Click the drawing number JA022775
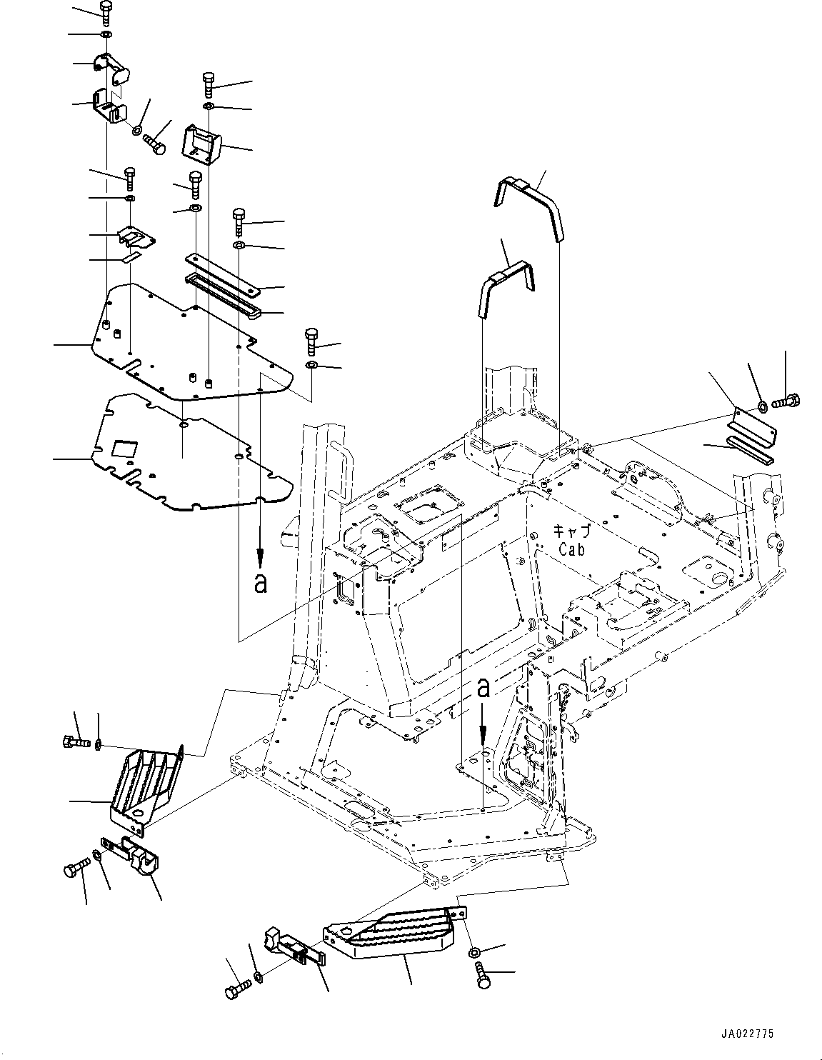pyautogui.click(x=746, y=1033)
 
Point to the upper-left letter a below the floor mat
pyautogui.click(x=261, y=583)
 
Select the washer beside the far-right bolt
pyautogui.click(x=762, y=406)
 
